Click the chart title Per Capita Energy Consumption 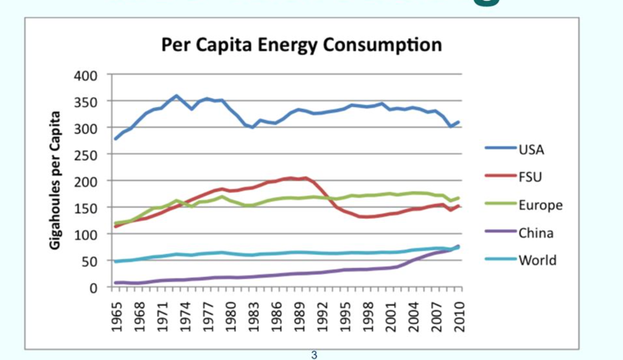(301, 45)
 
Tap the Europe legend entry (540, 205)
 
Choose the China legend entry (536, 232)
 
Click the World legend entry (537, 260)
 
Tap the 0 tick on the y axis (94, 287)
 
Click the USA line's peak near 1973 (176, 95)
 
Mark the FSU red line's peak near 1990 (306, 178)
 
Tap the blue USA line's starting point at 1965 (116, 139)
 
